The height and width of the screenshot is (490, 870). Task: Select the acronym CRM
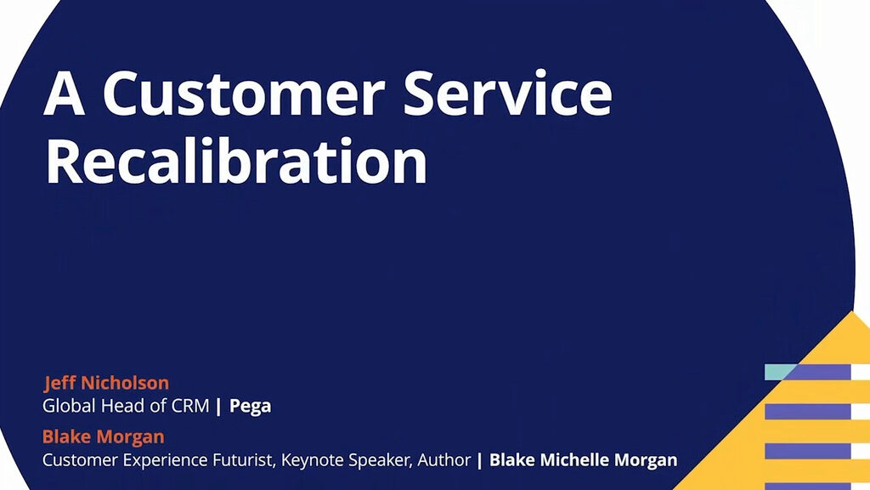click(x=190, y=406)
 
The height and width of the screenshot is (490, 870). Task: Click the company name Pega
click(x=251, y=406)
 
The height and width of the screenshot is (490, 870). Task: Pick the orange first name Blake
click(x=65, y=437)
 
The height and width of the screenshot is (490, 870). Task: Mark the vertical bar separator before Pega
click(x=219, y=406)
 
